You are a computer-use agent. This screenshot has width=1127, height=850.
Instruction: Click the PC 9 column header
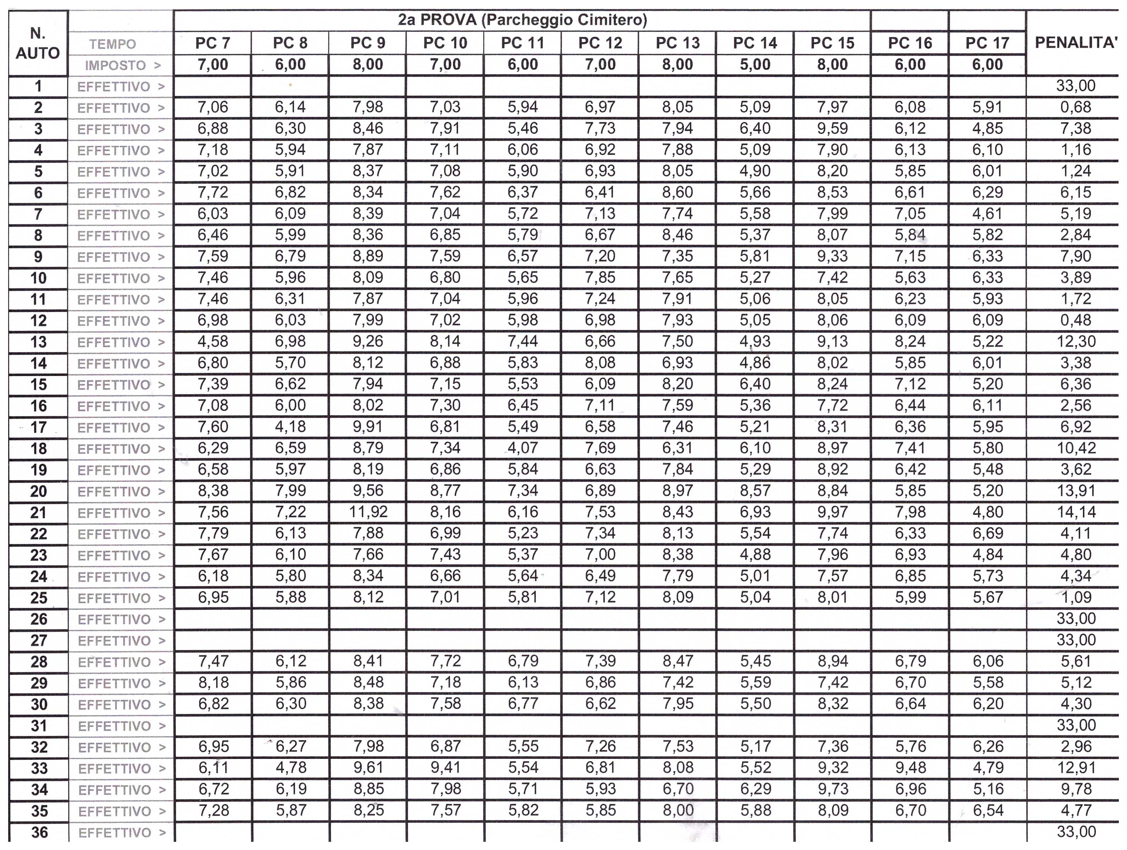tap(368, 43)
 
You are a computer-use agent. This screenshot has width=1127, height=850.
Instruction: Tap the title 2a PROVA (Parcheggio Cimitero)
tap(522, 20)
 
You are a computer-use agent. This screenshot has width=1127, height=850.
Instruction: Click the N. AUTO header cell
tap(38, 43)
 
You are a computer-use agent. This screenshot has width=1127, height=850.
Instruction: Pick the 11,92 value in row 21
tap(368, 512)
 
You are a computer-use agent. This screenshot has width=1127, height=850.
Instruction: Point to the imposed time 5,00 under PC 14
tap(755, 65)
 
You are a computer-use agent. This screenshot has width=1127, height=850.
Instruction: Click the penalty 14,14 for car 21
tap(1076, 512)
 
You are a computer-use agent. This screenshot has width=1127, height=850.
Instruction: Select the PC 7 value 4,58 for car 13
tap(213, 341)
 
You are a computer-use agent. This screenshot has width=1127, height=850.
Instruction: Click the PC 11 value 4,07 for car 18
tap(523, 448)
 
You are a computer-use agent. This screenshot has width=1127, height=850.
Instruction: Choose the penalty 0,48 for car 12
tap(1076, 320)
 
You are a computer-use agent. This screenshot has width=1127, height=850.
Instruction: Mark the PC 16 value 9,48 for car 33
tap(910, 767)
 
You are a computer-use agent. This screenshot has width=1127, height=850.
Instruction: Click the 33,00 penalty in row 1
tap(1076, 85)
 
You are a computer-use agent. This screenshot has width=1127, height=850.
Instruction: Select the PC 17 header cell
tap(987, 43)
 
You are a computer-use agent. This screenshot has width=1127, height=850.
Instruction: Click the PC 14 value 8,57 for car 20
tap(755, 490)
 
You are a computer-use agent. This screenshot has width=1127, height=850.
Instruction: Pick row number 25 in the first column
tap(39, 598)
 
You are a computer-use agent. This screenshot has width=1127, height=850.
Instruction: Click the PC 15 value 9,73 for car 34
tap(833, 789)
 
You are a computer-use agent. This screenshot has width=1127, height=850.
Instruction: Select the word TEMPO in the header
tap(112, 44)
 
